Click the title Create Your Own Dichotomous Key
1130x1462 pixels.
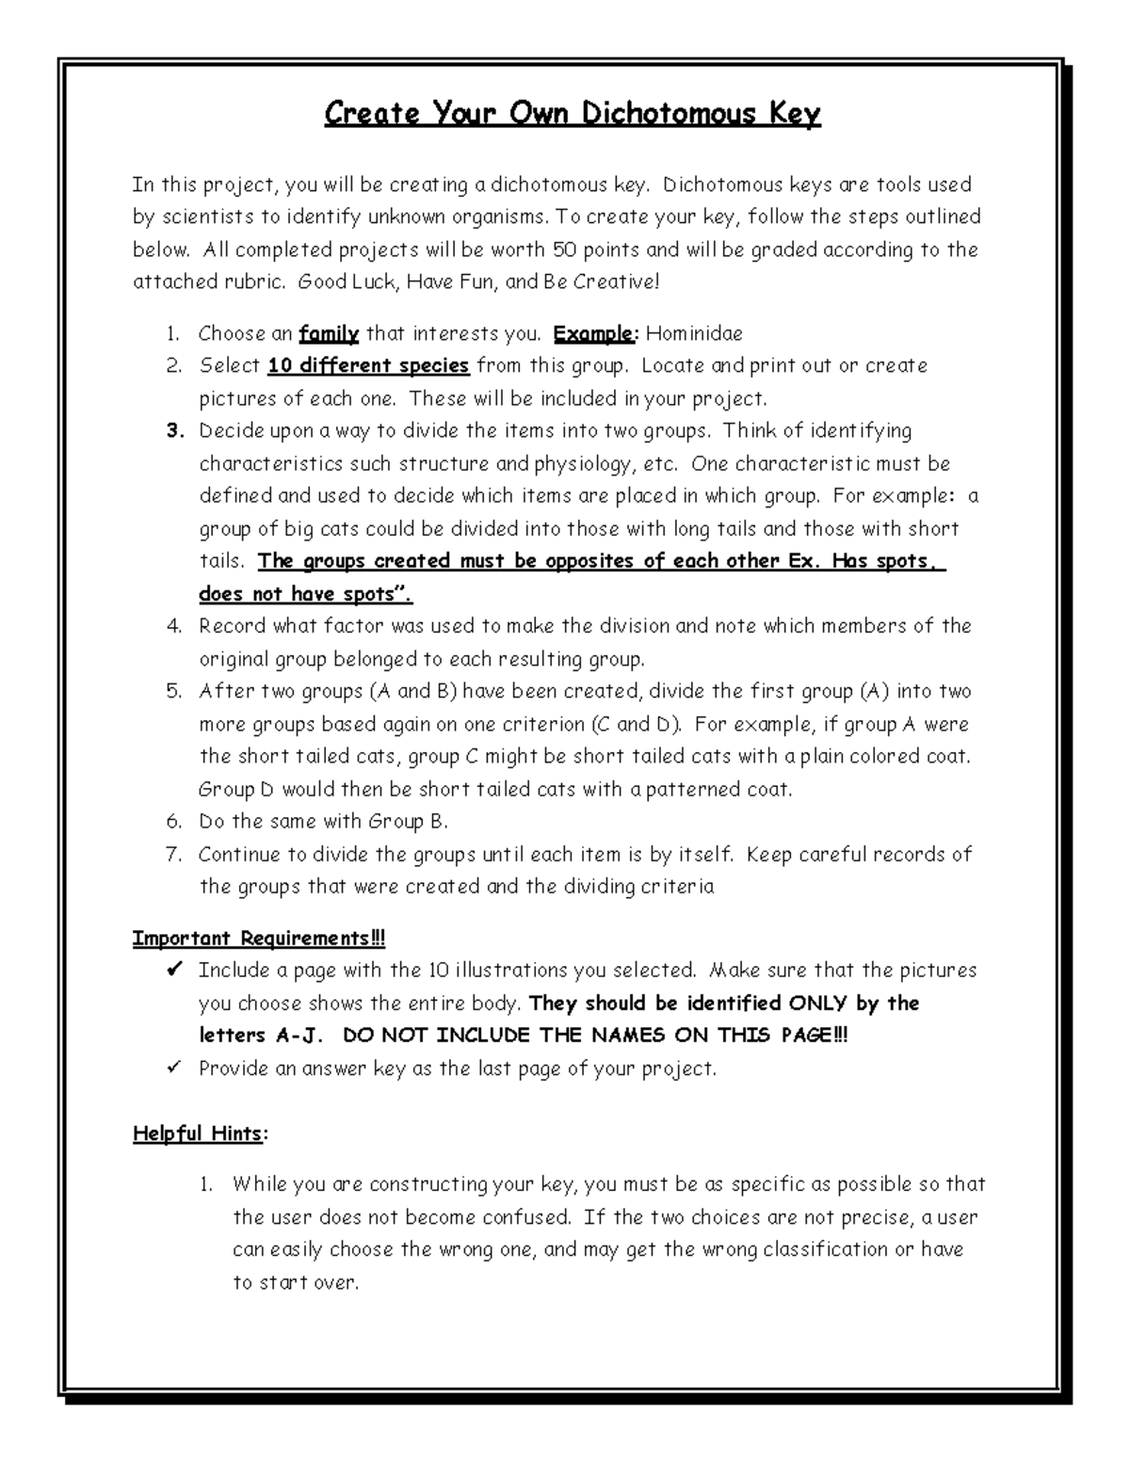click(573, 114)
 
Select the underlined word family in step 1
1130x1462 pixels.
click(329, 333)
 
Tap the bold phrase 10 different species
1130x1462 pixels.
click(368, 365)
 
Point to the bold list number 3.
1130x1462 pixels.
click(173, 431)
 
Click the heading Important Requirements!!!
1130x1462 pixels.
click(259, 939)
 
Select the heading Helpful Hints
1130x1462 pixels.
click(197, 1133)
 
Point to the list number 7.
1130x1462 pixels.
click(173, 855)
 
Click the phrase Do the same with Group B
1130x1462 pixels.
click(323, 822)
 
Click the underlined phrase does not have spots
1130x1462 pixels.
click(305, 594)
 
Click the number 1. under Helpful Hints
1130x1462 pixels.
click(207, 1184)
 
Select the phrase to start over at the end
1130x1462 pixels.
click(295, 1282)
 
